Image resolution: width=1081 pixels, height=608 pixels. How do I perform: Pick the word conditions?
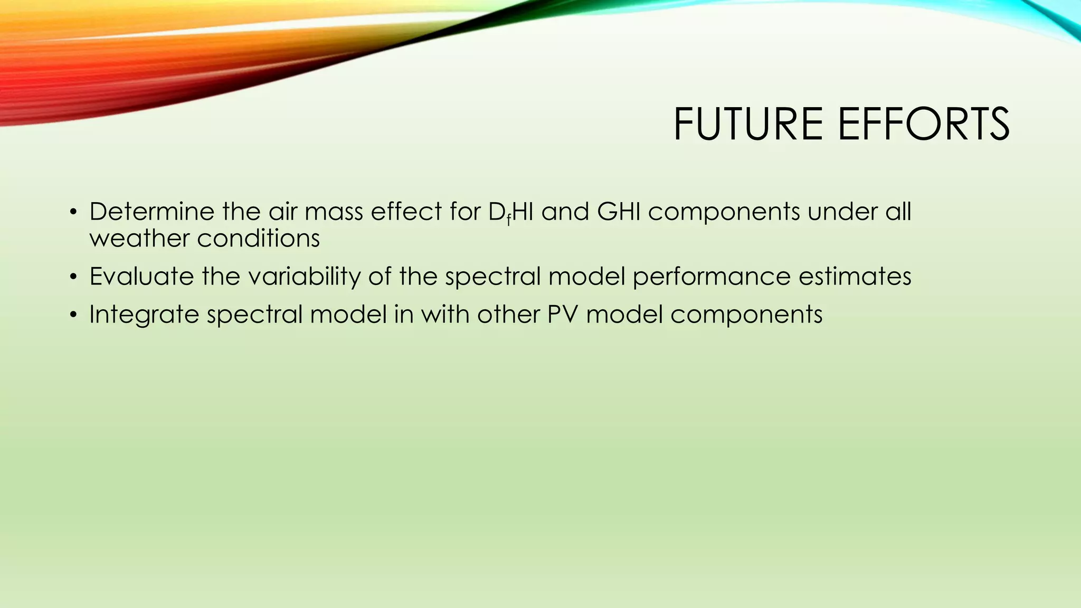point(259,239)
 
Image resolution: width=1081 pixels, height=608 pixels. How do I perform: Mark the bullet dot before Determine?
point(73,213)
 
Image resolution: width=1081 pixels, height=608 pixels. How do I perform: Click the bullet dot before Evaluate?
point(73,278)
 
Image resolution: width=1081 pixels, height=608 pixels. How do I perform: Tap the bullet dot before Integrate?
point(73,316)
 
